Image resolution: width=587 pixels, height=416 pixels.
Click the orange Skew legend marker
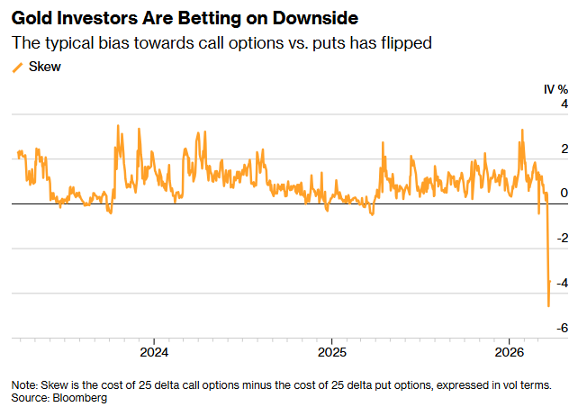[17, 67]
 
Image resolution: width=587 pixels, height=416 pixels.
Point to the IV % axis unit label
[555, 89]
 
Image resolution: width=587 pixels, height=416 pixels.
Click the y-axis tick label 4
[564, 105]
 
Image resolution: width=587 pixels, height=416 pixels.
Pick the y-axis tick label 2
[564, 149]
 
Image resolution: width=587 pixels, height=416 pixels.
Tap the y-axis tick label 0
[564, 194]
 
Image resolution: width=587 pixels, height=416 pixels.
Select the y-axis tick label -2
[562, 239]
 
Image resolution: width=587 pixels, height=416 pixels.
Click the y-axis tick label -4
[562, 284]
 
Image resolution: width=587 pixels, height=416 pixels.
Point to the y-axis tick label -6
[562, 329]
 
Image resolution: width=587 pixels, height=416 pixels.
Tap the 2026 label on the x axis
[510, 350]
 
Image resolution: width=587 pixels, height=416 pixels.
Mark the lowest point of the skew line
[548, 306]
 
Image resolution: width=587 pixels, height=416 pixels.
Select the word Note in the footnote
[25, 384]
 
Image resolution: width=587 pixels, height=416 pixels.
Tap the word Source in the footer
[30, 397]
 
